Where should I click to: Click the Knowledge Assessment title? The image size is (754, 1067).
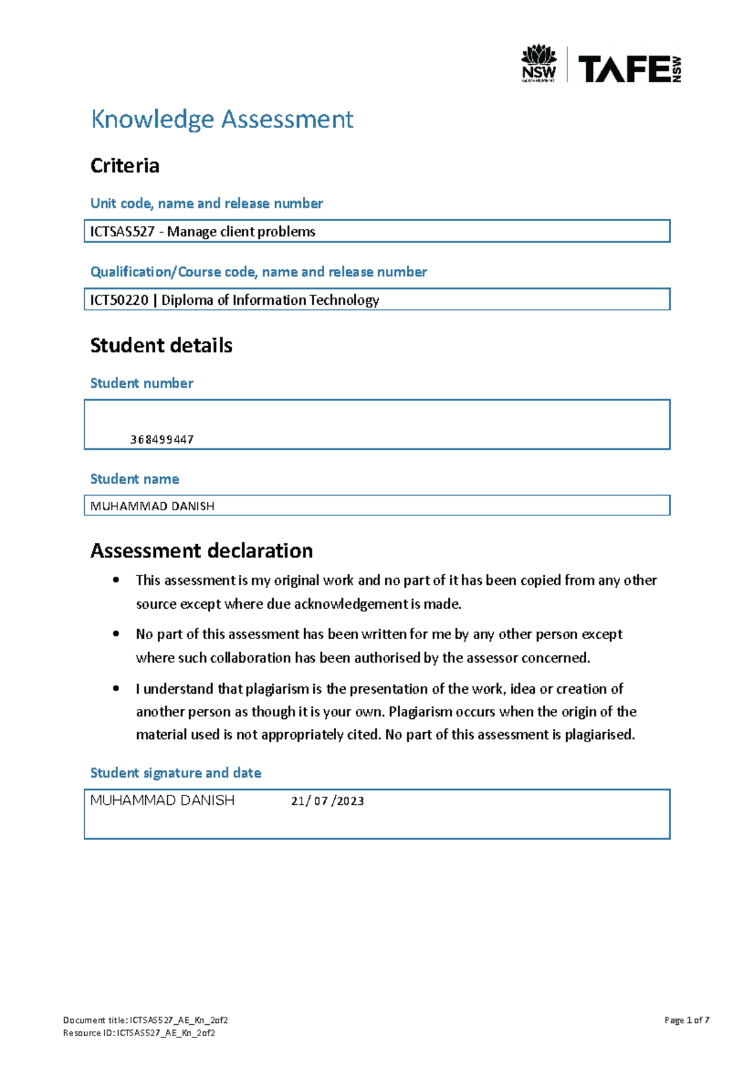coord(222,119)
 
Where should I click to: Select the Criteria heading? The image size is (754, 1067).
coord(124,166)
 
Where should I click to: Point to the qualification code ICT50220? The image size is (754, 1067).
coord(119,300)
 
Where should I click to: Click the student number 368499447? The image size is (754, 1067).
coord(161,440)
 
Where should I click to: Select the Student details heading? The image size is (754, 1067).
coord(161,346)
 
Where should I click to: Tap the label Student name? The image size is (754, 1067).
coord(134,479)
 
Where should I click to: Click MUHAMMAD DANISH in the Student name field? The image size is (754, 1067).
coord(152,506)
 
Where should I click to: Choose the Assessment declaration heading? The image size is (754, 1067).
coord(201,551)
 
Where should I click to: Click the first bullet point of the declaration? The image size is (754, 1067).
coord(116,581)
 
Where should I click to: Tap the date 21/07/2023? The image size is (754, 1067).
coord(327,801)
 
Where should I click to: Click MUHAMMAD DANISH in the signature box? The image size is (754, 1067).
coord(162,801)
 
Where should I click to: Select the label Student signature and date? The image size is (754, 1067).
coord(175,773)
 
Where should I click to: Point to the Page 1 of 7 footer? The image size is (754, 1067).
coord(686,1020)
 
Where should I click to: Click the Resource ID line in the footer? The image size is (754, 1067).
coord(139,1033)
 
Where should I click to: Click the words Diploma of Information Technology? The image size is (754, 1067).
coord(270,300)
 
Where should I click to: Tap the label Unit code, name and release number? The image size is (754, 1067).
coord(206,204)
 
